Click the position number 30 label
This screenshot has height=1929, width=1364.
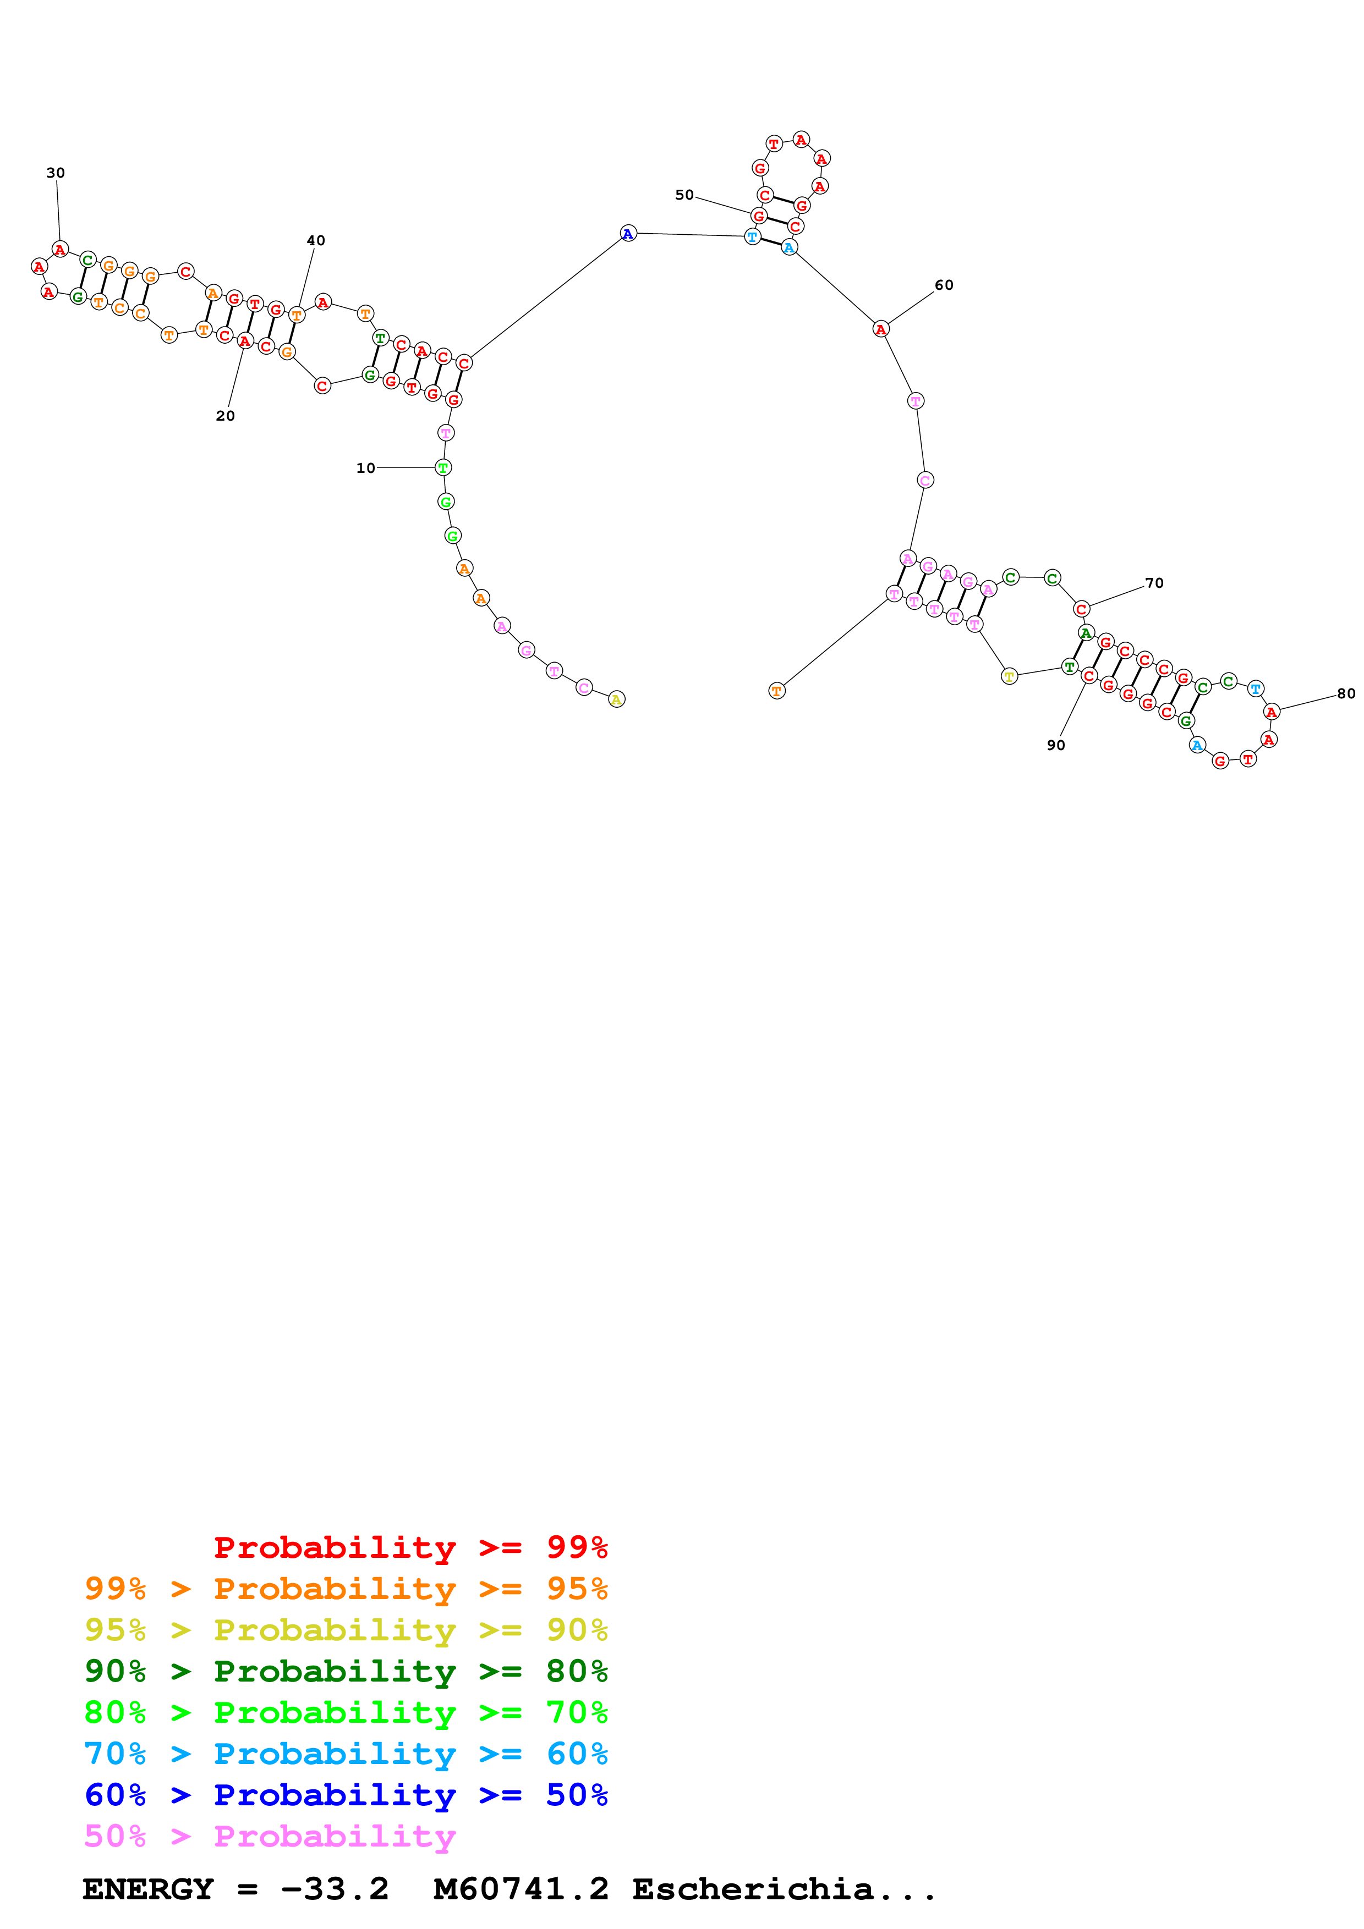[x=56, y=173]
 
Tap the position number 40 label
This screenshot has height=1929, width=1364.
[x=316, y=240]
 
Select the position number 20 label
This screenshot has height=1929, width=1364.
[x=225, y=416]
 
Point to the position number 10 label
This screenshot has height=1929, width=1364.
[x=365, y=468]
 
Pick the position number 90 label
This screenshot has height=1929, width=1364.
[x=1055, y=745]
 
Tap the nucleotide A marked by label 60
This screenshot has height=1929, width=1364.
[x=880, y=329]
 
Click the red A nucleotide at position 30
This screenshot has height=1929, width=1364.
[x=59, y=250]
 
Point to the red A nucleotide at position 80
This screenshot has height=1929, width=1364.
[x=1272, y=713]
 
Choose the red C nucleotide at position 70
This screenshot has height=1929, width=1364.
[x=1082, y=609]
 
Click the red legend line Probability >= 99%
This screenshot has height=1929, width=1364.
[x=410, y=1547]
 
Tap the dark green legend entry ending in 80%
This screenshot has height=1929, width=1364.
[x=346, y=1671]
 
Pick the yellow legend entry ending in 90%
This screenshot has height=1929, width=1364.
[x=346, y=1630]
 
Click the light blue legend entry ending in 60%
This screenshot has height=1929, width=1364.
[x=346, y=1754]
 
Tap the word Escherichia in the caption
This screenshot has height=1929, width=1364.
[x=752, y=1889]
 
